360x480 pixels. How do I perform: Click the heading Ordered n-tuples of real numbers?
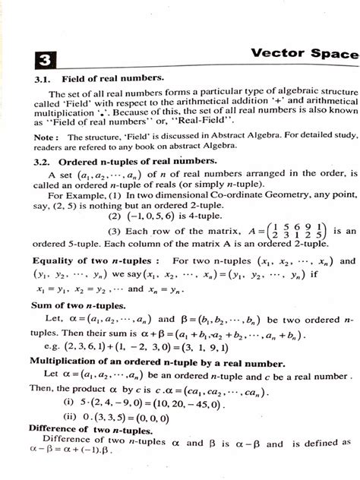point(141,161)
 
